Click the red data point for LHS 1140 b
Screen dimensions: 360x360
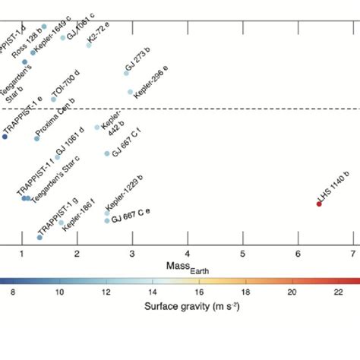point(319,203)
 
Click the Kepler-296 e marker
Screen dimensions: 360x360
point(130,92)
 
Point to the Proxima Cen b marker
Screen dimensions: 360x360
point(36,138)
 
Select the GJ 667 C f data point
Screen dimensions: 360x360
point(107,153)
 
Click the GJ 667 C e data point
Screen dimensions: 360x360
point(107,221)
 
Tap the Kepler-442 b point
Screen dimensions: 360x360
point(97,128)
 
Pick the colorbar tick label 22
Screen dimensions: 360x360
point(336,291)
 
